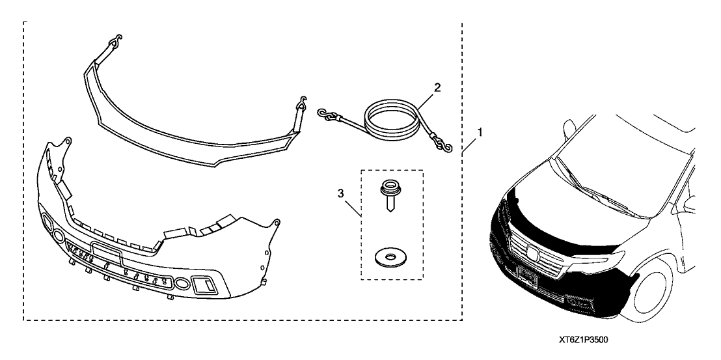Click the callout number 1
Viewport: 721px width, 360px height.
tap(480, 132)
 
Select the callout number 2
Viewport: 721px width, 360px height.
tap(437, 87)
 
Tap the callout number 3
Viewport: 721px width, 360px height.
tap(341, 194)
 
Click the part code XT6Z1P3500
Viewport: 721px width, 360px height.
tap(584, 340)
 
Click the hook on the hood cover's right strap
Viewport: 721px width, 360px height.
tap(302, 102)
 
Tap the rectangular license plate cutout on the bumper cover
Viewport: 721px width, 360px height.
tap(106, 252)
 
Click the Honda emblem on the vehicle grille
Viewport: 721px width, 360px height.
tap(532, 252)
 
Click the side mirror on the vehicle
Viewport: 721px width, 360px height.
tap(569, 129)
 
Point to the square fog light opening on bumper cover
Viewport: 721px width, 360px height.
tap(204, 285)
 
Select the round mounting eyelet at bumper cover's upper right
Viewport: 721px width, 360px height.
tap(276, 223)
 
